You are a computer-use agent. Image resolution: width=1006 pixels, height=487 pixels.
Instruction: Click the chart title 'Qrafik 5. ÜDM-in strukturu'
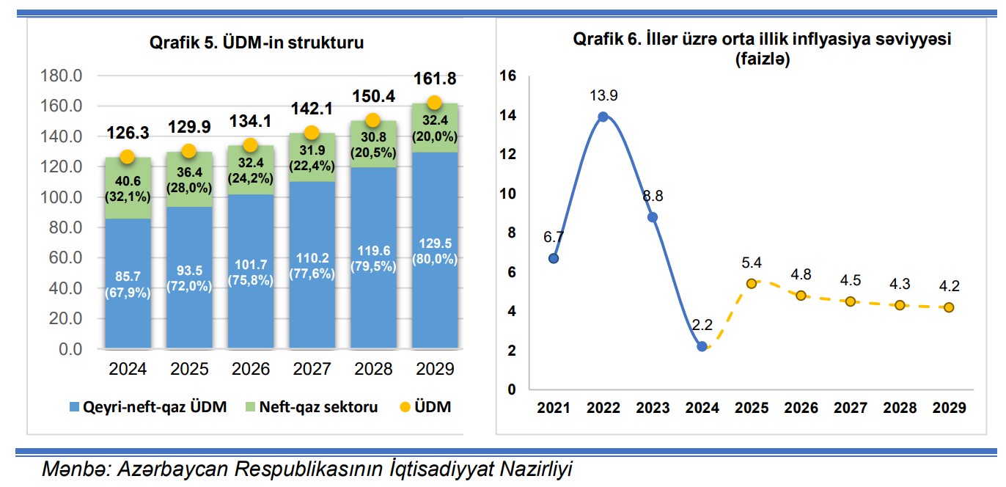click(257, 43)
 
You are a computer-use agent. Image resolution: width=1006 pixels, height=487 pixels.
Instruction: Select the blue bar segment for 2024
click(127, 282)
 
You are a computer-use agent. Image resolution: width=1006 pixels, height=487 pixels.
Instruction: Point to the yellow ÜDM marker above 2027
click(312, 133)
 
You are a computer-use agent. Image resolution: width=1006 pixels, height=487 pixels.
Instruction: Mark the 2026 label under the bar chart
click(250, 369)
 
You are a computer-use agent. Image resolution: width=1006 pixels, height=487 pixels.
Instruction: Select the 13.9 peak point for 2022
click(603, 117)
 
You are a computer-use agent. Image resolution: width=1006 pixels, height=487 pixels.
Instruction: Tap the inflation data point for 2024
click(702, 346)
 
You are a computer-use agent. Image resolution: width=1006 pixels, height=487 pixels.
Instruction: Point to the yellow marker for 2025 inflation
click(752, 283)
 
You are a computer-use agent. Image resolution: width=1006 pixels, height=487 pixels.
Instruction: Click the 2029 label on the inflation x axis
click(949, 408)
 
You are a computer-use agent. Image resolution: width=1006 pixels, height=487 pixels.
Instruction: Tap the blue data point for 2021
click(554, 258)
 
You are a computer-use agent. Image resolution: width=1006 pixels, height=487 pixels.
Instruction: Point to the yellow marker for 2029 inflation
click(949, 307)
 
